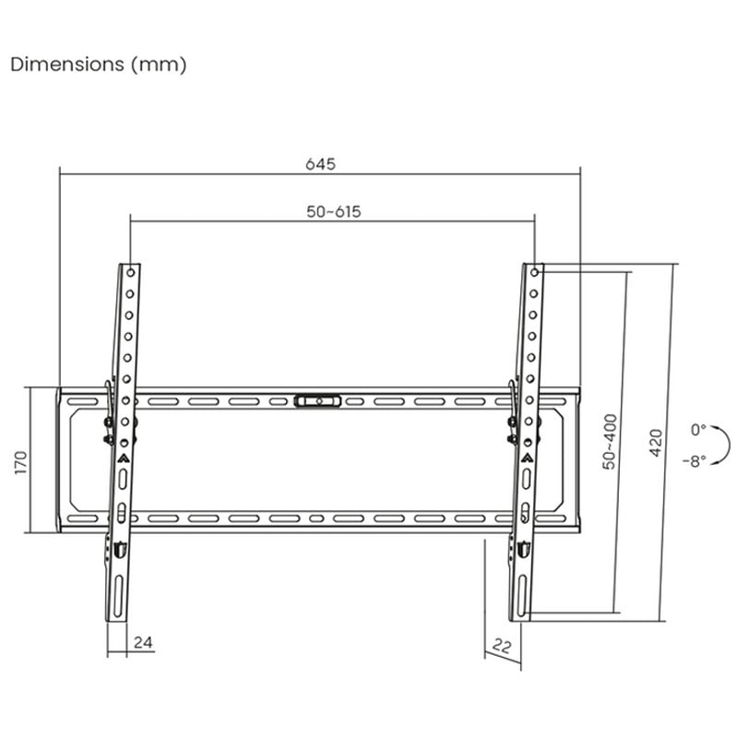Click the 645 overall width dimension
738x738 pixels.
click(x=320, y=164)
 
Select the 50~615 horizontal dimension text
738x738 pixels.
click(x=334, y=212)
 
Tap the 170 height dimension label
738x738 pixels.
click(x=21, y=462)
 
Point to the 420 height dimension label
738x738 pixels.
click(x=656, y=443)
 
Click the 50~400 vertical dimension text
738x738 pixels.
click(x=610, y=442)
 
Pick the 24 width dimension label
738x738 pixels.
click(x=143, y=642)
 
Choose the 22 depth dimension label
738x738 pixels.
click(x=502, y=647)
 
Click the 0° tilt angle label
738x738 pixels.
click(x=698, y=430)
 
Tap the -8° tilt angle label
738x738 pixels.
click(x=695, y=460)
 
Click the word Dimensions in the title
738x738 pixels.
click(x=67, y=64)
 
